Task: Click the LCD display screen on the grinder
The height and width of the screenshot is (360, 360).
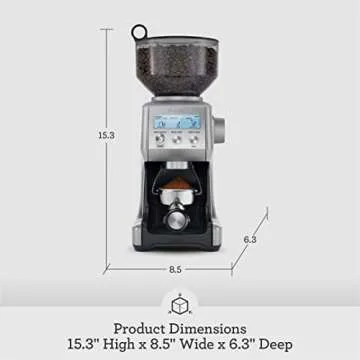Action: (176, 122)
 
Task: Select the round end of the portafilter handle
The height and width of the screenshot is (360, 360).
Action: (176, 218)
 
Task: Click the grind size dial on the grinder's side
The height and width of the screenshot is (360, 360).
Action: (221, 129)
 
